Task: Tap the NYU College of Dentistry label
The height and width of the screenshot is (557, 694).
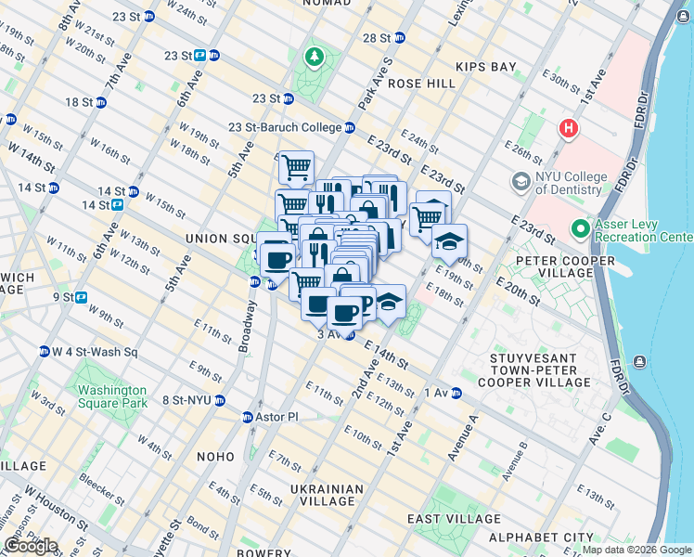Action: [x=570, y=184]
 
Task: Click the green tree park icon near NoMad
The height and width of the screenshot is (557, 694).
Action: [x=315, y=58]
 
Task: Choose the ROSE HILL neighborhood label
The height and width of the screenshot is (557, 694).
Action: [x=422, y=84]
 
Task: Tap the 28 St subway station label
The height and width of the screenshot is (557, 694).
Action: [x=378, y=38]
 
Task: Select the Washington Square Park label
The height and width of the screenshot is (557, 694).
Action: [x=112, y=397]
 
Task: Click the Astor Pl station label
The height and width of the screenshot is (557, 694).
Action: [x=276, y=417]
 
